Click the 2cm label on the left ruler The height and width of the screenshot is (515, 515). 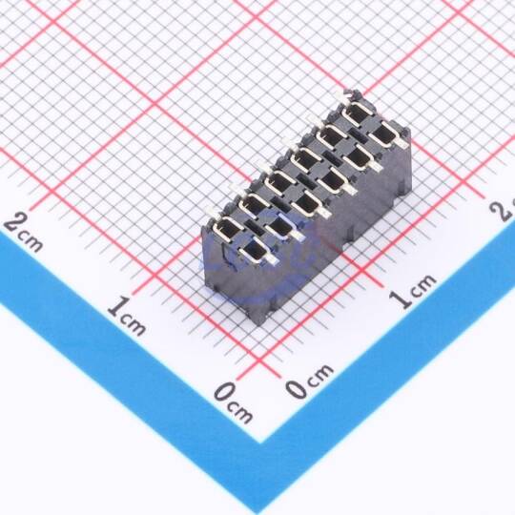point(23,232)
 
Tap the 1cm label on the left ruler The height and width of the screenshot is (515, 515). point(127,316)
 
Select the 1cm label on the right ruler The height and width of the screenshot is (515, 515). point(413,291)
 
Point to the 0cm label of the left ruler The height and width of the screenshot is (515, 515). point(234,402)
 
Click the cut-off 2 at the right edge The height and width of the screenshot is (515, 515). point(504,210)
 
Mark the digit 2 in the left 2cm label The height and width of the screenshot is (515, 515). point(13,223)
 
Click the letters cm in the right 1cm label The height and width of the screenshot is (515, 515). point(422,285)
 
